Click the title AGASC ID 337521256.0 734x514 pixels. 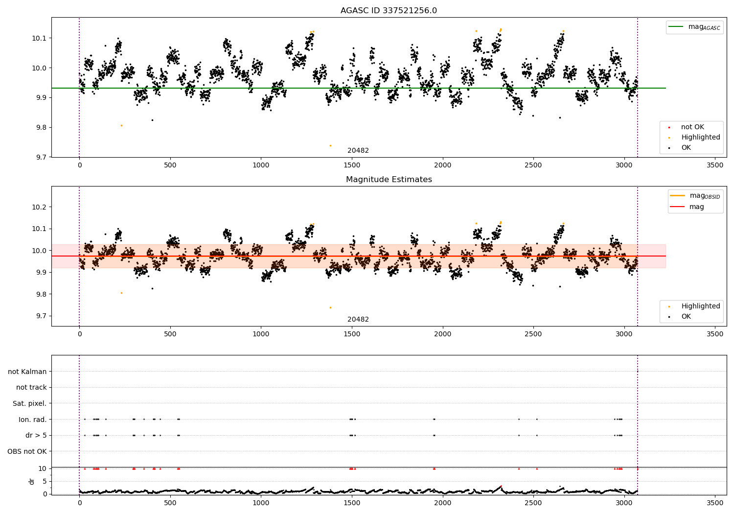(x=389, y=10)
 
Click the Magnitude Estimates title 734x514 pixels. (x=389, y=179)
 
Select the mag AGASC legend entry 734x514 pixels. (x=694, y=27)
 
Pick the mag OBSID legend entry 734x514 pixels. (x=695, y=196)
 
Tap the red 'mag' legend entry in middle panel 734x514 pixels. (x=687, y=207)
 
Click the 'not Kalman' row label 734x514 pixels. (x=27, y=372)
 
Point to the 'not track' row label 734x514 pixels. (x=31, y=387)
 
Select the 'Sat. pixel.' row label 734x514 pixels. (x=29, y=403)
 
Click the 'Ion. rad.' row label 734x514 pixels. (x=32, y=419)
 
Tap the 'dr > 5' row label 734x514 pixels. (x=36, y=435)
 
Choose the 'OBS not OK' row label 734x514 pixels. (x=27, y=451)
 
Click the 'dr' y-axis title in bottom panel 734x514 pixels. (x=31, y=481)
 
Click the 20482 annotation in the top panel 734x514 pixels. (x=358, y=150)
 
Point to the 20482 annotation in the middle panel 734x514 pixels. (x=358, y=319)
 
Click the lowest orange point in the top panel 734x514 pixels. (x=331, y=145)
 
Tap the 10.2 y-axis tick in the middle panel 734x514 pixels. (x=39, y=207)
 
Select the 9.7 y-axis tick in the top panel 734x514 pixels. (x=41, y=157)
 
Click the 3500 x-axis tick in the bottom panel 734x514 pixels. (x=714, y=503)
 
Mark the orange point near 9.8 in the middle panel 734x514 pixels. (x=121, y=293)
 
